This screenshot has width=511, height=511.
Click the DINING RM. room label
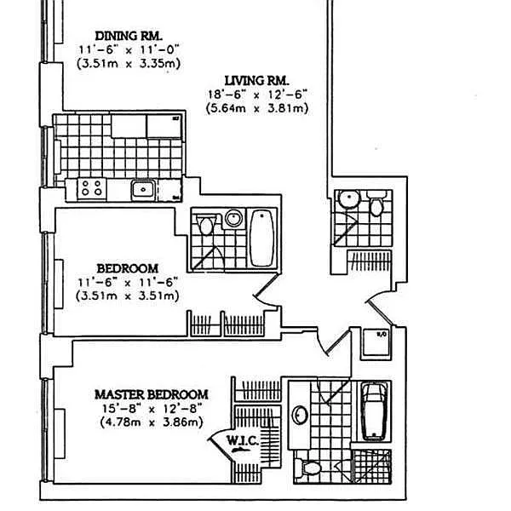(129, 36)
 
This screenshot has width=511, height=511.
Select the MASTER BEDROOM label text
(152, 394)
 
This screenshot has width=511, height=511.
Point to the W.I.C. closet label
(243, 440)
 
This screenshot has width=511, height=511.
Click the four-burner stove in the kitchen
(91, 188)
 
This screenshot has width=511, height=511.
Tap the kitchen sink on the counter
(142, 189)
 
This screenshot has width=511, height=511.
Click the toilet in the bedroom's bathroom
(204, 226)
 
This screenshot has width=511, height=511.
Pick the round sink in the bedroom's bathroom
(232, 219)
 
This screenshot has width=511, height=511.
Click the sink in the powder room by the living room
(347, 200)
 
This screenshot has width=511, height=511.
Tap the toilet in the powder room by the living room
(376, 205)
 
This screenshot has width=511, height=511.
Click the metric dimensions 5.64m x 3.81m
(256, 108)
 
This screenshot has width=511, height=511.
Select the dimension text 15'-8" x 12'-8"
(151, 408)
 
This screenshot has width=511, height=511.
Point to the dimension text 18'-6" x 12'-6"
(256, 94)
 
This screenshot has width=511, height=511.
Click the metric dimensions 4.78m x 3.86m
(151, 422)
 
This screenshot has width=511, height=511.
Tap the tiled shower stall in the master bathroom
(372, 468)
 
